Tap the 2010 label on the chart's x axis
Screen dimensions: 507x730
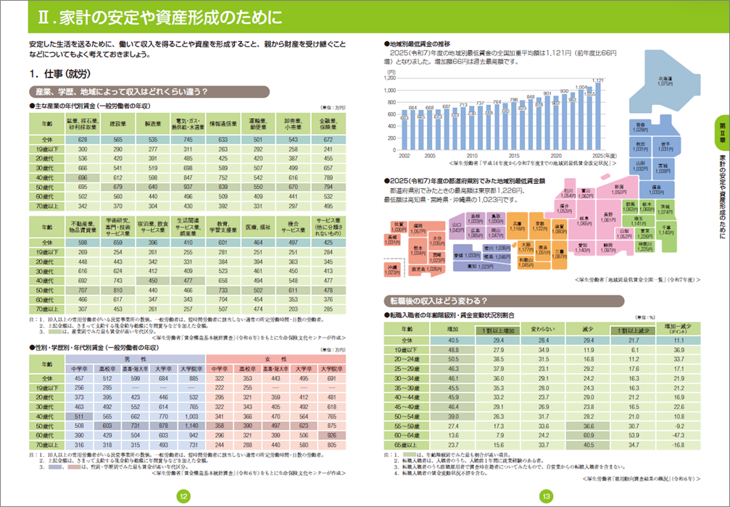(471, 156)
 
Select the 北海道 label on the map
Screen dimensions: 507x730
(665, 81)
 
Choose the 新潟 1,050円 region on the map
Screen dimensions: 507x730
(618, 191)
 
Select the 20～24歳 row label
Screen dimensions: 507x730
(407, 359)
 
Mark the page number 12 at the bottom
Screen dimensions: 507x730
(184, 495)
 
